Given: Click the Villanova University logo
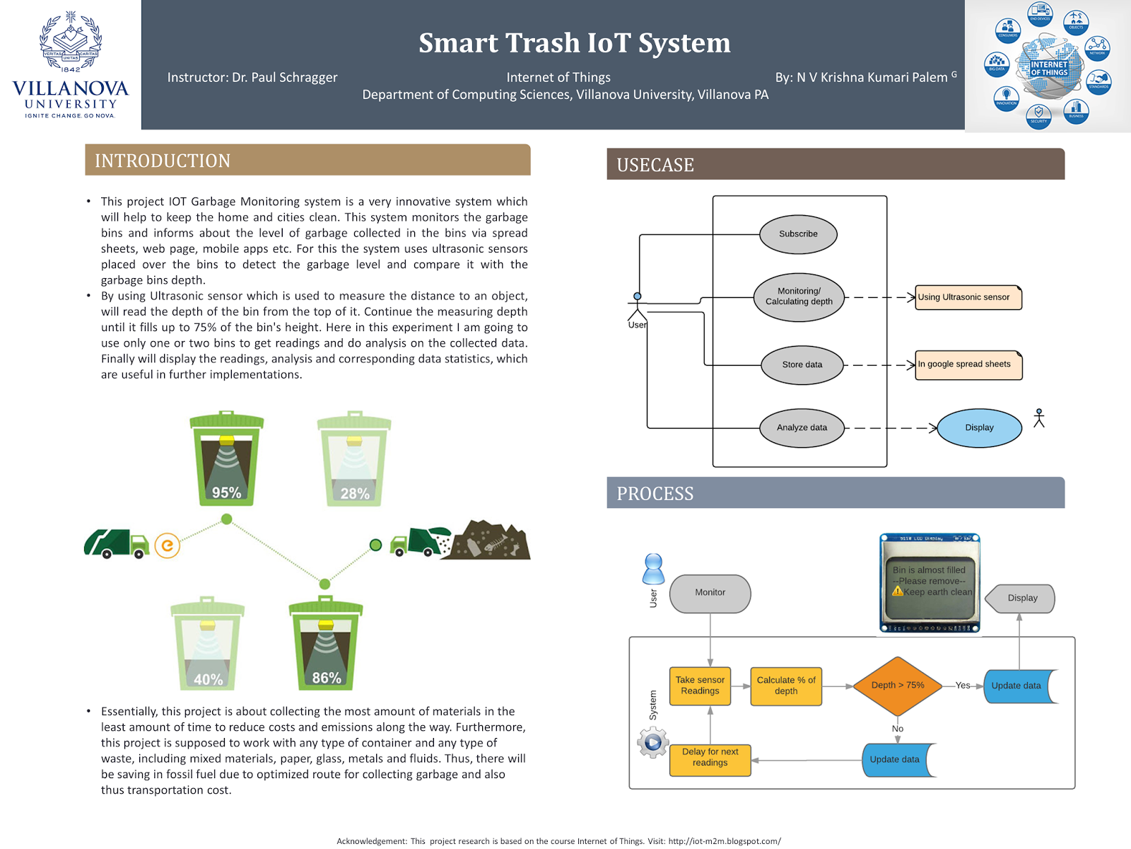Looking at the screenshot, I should click(71, 64).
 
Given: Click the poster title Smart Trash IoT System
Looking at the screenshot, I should click(574, 43).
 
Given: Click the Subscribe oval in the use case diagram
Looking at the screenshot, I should click(798, 234).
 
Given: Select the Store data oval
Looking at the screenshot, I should click(802, 365).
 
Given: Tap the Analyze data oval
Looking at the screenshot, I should click(802, 427).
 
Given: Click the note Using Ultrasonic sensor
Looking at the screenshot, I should click(968, 297).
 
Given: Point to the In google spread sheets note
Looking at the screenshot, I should click(968, 365).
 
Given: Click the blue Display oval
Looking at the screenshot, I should click(979, 427).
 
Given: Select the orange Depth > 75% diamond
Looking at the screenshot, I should click(898, 686).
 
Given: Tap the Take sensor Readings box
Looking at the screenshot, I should click(700, 686).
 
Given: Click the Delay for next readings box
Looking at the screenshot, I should click(710, 758).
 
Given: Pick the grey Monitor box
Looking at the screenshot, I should click(710, 593).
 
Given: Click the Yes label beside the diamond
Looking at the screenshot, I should click(963, 686).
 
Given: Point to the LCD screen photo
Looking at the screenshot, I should click(930, 583).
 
